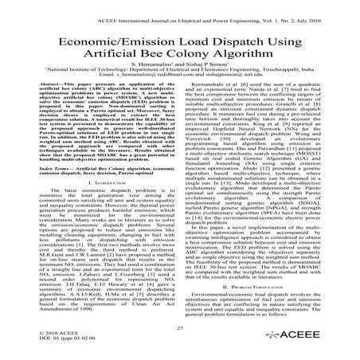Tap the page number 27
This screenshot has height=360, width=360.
(x=179, y=329)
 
